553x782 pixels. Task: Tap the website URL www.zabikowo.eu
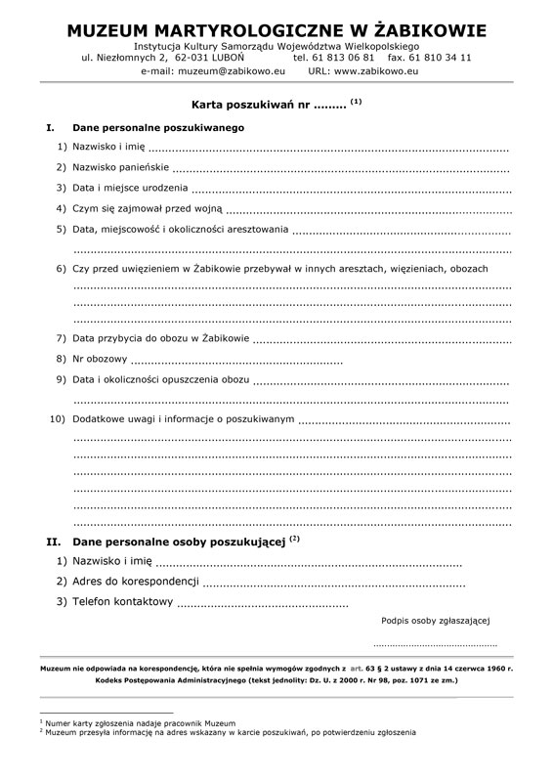click(370, 71)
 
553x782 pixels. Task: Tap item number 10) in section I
click(57, 419)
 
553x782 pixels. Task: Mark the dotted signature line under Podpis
click(435, 646)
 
